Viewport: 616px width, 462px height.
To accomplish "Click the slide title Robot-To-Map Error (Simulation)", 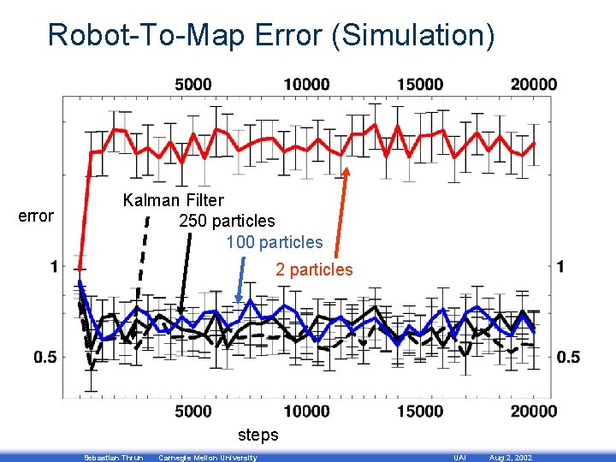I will coord(271,35).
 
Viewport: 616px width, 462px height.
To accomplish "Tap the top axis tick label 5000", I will coord(193,84).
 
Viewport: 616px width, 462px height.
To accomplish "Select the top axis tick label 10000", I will coord(305,84).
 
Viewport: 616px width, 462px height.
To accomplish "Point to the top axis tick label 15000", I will coord(420,84).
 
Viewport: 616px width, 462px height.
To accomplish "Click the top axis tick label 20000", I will coord(533,84).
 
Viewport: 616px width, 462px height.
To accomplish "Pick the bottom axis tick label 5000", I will coord(193,412).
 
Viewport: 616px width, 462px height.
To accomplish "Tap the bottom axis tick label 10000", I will coord(305,412).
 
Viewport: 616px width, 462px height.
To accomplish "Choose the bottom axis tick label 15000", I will coord(420,412).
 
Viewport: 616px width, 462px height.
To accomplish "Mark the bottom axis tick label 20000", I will coord(533,412).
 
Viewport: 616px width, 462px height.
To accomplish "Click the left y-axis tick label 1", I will coord(53,267).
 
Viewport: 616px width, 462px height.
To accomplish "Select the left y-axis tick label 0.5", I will coord(45,357).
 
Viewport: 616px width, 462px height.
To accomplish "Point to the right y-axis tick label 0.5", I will coord(568,357).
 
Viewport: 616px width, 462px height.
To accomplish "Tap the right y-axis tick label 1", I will coord(561,267).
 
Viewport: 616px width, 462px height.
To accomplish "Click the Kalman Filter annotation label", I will coord(174,201).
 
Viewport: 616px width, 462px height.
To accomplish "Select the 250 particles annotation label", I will coord(227,222).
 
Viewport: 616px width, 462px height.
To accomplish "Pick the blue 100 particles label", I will coord(275,243).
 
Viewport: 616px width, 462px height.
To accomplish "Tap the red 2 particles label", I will coord(314,269).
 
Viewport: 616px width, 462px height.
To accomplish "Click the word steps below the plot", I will coord(258,435).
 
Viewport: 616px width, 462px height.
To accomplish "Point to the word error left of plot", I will coord(36,216).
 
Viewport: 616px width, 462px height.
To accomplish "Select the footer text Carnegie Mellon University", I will coord(208,458).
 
